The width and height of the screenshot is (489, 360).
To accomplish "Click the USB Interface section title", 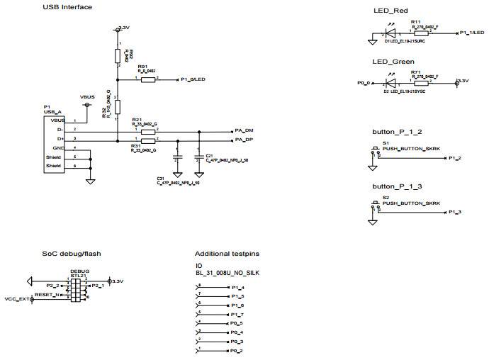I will click(x=67, y=8).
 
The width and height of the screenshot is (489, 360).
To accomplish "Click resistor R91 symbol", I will click(x=147, y=80).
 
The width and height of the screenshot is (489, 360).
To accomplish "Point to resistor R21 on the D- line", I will click(x=147, y=132).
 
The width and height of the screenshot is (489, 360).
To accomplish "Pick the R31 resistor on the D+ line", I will click(x=147, y=142).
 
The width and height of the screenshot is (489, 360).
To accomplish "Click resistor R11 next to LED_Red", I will click(x=421, y=33).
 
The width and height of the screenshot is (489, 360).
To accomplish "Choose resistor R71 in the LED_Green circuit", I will click(x=421, y=82).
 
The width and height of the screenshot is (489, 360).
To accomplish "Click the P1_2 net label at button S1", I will click(x=455, y=158).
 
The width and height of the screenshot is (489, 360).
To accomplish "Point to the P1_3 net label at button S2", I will click(x=455, y=212).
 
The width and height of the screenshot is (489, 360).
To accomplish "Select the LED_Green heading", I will click(x=393, y=62).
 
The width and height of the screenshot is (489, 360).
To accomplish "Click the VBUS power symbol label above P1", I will click(x=87, y=96).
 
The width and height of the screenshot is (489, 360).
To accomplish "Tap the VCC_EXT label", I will click(x=16, y=299).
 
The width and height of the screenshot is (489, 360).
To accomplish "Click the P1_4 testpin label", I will click(x=237, y=287).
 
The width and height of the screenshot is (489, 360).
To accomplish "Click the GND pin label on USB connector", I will click(x=60, y=148).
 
